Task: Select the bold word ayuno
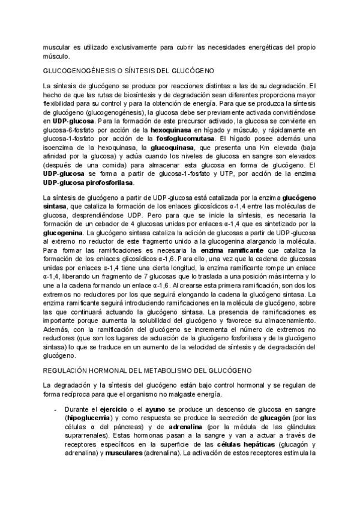point(154,408)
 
